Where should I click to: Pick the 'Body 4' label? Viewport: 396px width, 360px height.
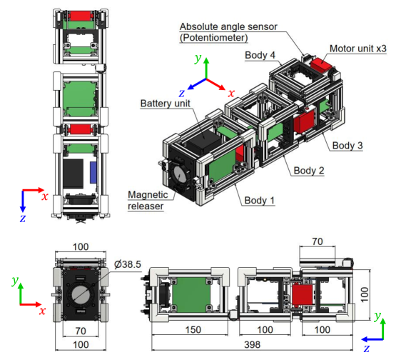coord(262,54)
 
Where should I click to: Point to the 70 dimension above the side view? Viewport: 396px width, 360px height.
coord(318,243)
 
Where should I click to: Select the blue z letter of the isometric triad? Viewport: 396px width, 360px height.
coord(183,92)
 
